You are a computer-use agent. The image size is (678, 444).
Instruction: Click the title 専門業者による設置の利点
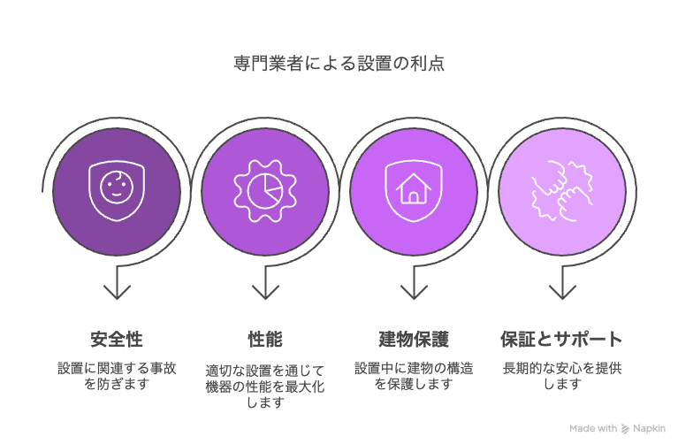(x=339, y=64)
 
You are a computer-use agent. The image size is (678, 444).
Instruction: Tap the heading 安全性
(x=117, y=340)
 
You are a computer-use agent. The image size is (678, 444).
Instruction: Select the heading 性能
(x=265, y=340)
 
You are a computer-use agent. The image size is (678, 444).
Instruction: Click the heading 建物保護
(x=414, y=340)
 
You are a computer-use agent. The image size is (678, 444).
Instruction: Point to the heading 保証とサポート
(x=561, y=340)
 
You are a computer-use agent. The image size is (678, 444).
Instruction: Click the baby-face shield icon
(x=117, y=190)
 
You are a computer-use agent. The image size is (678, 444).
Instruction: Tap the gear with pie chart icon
(x=265, y=190)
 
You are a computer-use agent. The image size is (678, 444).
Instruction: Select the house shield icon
(x=414, y=190)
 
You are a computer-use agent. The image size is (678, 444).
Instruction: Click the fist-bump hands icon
(x=562, y=190)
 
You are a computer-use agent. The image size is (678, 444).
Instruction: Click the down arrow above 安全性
(x=117, y=282)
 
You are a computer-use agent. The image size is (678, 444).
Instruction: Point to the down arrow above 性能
(x=265, y=282)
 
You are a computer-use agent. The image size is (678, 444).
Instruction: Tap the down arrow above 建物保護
(x=414, y=282)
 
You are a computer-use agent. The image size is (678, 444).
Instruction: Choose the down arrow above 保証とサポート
(x=562, y=282)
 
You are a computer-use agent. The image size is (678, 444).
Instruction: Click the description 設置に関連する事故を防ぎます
(x=117, y=376)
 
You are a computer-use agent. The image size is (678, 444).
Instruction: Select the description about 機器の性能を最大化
(x=265, y=387)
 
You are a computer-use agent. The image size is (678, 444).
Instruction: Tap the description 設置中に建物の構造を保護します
(x=414, y=376)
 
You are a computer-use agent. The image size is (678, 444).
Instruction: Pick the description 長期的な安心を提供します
(x=562, y=376)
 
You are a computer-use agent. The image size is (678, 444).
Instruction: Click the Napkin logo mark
(x=625, y=429)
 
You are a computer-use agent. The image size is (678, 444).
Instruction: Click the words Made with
(x=593, y=428)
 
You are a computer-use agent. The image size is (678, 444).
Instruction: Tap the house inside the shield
(x=414, y=188)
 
